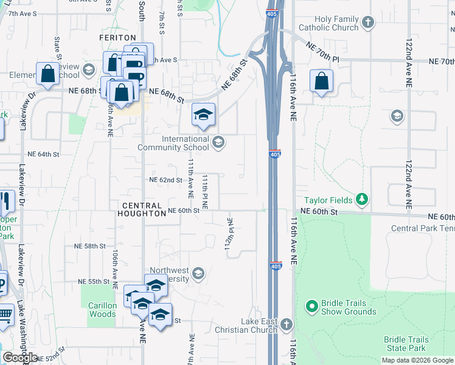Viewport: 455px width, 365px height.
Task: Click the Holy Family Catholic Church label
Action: tap(328, 24)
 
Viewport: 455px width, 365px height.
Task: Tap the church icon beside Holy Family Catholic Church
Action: tap(367, 23)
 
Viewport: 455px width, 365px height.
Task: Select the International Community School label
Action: tap(173, 143)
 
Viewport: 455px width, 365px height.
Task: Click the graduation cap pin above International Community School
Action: tap(204, 114)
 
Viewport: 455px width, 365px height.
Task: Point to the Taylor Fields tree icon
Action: tap(363, 199)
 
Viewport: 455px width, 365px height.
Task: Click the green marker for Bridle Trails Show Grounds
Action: tap(312, 306)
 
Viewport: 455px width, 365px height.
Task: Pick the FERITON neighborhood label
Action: tap(117, 38)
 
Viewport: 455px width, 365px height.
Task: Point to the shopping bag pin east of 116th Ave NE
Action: tap(321, 82)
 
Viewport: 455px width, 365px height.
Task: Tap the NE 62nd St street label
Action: tap(166, 180)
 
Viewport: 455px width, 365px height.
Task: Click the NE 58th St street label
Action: tap(90, 246)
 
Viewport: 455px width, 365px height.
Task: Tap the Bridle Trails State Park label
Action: tap(406, 344)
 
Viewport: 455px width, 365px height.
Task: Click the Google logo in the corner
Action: tap(20, 358)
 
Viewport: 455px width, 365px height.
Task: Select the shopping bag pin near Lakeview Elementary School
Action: tap(47, 74)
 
